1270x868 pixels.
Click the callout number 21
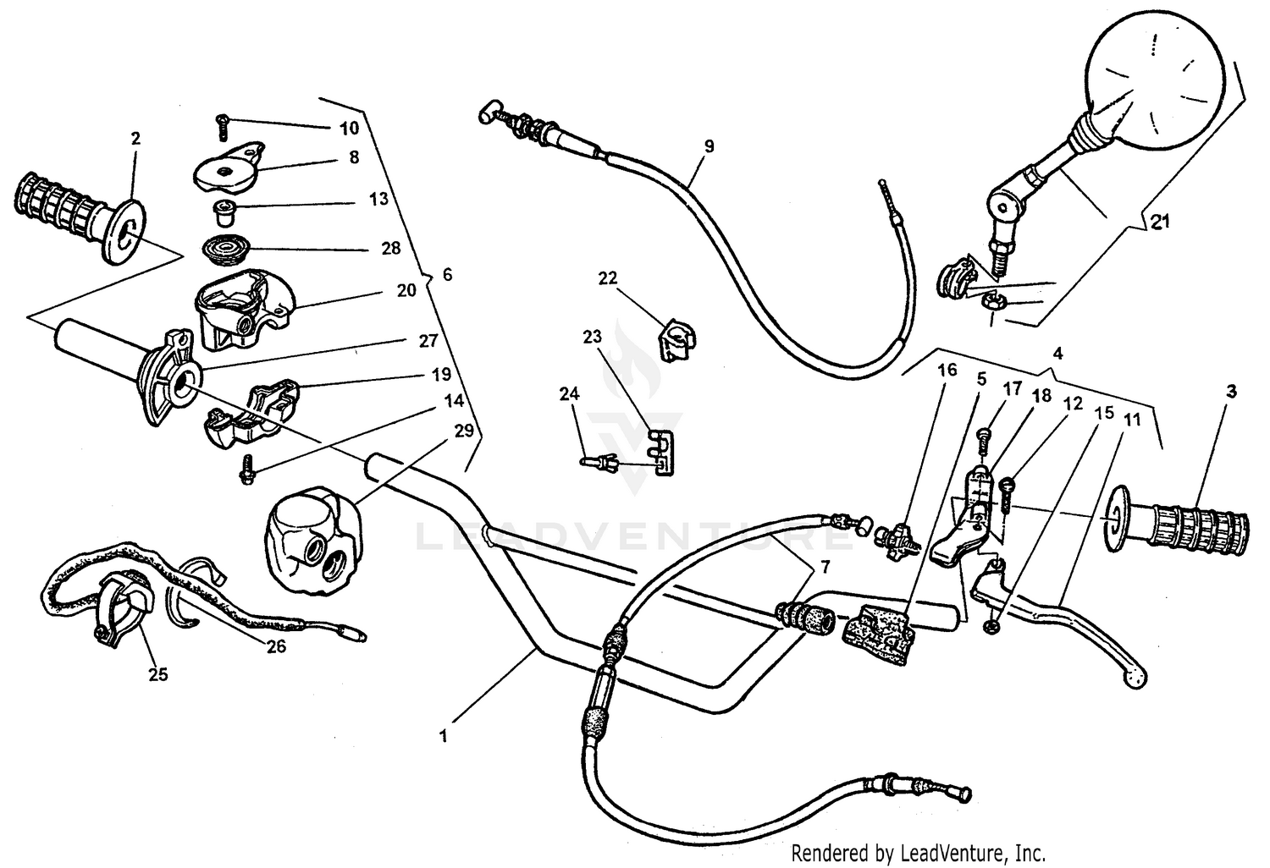coord(1159,222)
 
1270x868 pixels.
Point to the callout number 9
coord(709,146)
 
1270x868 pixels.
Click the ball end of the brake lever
coord(1129,673)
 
